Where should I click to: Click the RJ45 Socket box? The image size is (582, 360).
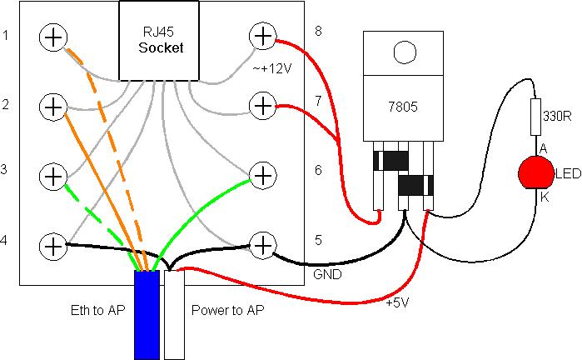click(x=160, y=40)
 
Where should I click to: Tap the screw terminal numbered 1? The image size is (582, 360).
click(x=53, y=37)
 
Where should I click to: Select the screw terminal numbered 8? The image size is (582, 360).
click(x=262, y=36)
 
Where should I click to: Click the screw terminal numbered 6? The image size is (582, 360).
click(x=262, y=176)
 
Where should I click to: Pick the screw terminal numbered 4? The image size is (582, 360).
click(x=53, y=246)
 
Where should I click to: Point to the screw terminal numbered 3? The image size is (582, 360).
click(x=53, y=176)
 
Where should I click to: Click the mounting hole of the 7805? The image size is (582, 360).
click(x=405, y=53)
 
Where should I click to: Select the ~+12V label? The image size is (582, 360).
click(x=276, y=67)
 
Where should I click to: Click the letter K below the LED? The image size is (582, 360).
click(x=544, y=198)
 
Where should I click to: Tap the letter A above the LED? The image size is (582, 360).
click(x=543, y=148)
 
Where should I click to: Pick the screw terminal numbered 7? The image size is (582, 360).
click(x=262, y=106)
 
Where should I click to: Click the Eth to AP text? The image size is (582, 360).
click(x=95, y=310)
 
